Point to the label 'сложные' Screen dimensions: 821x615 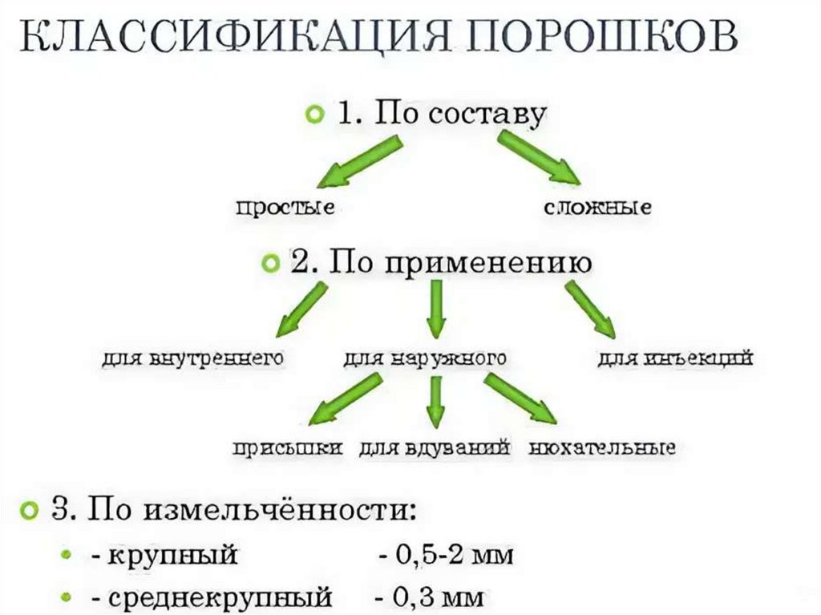click(597, 208)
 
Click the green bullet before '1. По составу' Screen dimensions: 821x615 click(315, 115)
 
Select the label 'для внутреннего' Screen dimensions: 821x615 click(193, 359)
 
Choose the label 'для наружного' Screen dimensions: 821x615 click(425, 359)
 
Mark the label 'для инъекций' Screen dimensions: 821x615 click(675, 359)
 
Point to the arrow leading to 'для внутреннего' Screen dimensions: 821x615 click(301, 312)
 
